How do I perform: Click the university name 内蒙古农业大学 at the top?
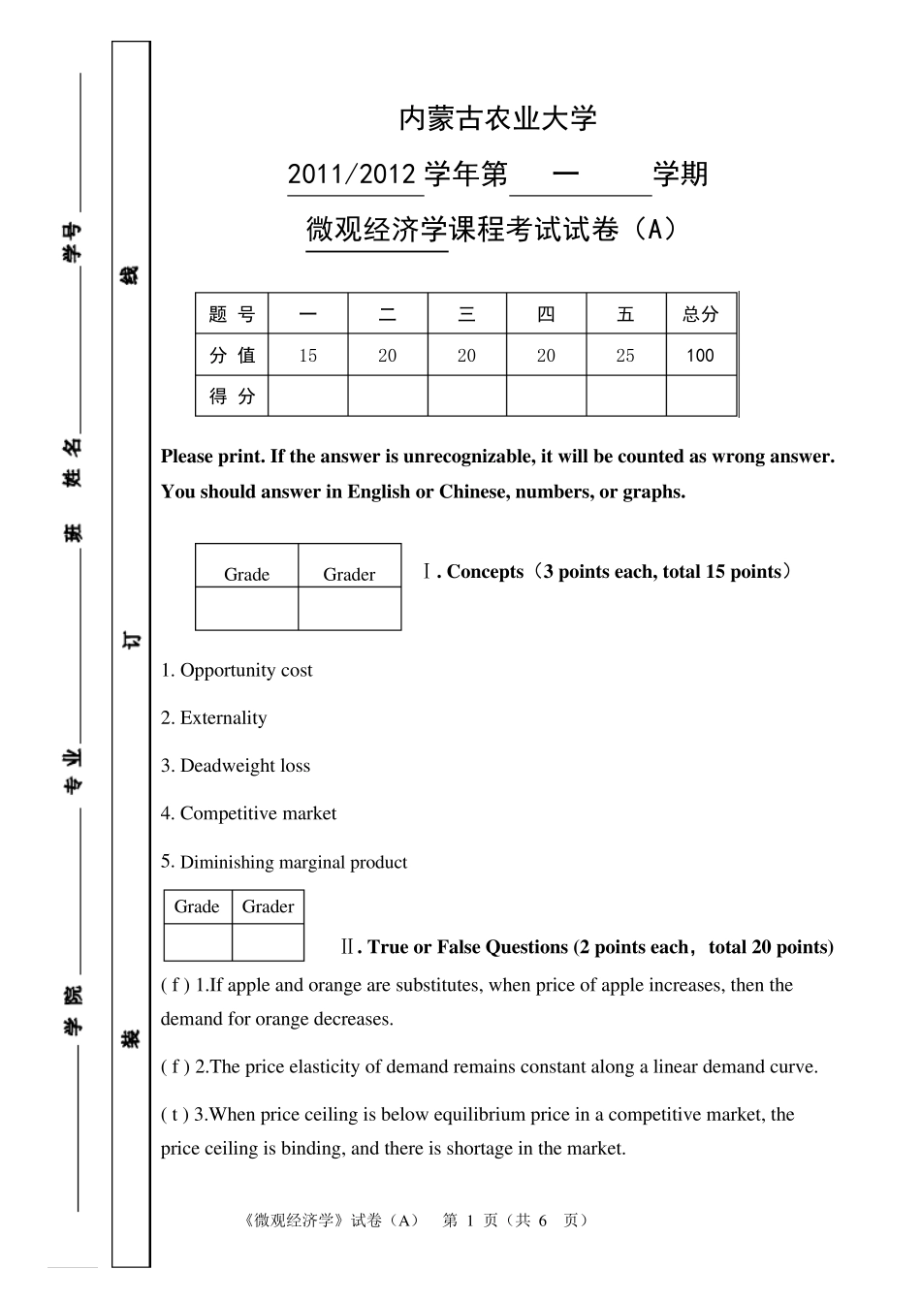[x=497, y=119]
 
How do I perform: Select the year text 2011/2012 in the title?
[x=352, y=175]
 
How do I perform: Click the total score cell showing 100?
[x=700, y=356]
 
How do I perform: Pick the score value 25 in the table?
[x=625, y=356]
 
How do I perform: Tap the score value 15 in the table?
[x=307, y=356]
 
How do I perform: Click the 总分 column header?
[x=700, y=314]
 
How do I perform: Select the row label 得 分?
[x=232, y=397]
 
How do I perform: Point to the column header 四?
[x=546, y=314]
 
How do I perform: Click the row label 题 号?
[x=232, y=314]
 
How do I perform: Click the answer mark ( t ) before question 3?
[x=175, y=1115]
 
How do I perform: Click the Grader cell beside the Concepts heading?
[x=349, y=575]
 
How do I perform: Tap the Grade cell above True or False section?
[x=197, y=907]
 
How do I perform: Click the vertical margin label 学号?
[x=72, y=241]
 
